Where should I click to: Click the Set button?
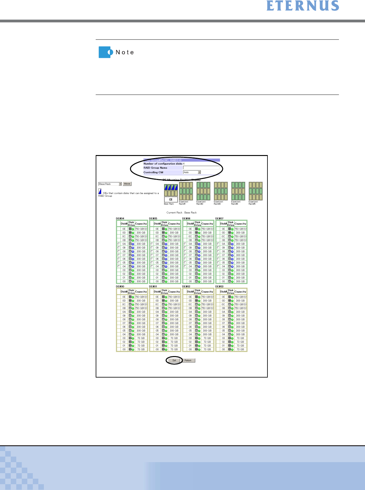[174, 360]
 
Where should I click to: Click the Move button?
[127, 184]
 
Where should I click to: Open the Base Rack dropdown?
[120, 184]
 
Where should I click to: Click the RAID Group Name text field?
[201, 168]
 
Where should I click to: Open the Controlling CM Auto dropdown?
[199, 172]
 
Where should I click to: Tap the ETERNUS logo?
[303, 6]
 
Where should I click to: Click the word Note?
[125, 52]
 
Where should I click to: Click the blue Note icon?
[105, 52]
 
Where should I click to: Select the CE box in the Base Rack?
[171, 199]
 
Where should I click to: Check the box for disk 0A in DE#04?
[119, 244]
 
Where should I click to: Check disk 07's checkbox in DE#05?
[152, 255]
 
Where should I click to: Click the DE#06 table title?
[186, 218]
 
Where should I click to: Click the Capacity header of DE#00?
[141, 292]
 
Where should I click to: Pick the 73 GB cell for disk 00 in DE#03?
[240, 349]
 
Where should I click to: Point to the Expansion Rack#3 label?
[218, 203]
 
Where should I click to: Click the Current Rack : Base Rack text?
[182, 213]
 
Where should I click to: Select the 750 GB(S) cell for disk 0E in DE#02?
[207, 297]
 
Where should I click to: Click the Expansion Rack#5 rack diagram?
[256, 191]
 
